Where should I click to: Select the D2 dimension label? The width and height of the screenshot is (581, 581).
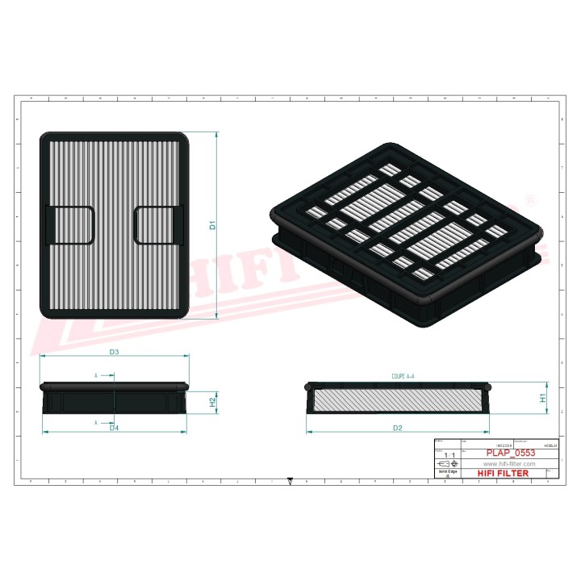pyautogui.click(x=397, y=427)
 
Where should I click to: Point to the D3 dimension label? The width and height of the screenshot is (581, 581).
pyautogui.click(x=114, y=353)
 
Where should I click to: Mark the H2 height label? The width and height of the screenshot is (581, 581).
pyautogui.click(x=212, y=401)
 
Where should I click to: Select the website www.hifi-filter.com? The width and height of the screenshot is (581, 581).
pyautogui.click(x=509, y=465)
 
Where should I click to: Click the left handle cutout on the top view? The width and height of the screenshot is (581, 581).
pyautogui.click(x=71, y=224)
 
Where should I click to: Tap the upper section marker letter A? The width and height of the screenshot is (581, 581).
pyautogui.click(x=96, y=375)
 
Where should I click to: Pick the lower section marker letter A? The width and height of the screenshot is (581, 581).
pyautogui.click(x=96, y=422)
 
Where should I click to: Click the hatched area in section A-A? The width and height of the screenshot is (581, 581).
pyautogui.click(x=397, y=399)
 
